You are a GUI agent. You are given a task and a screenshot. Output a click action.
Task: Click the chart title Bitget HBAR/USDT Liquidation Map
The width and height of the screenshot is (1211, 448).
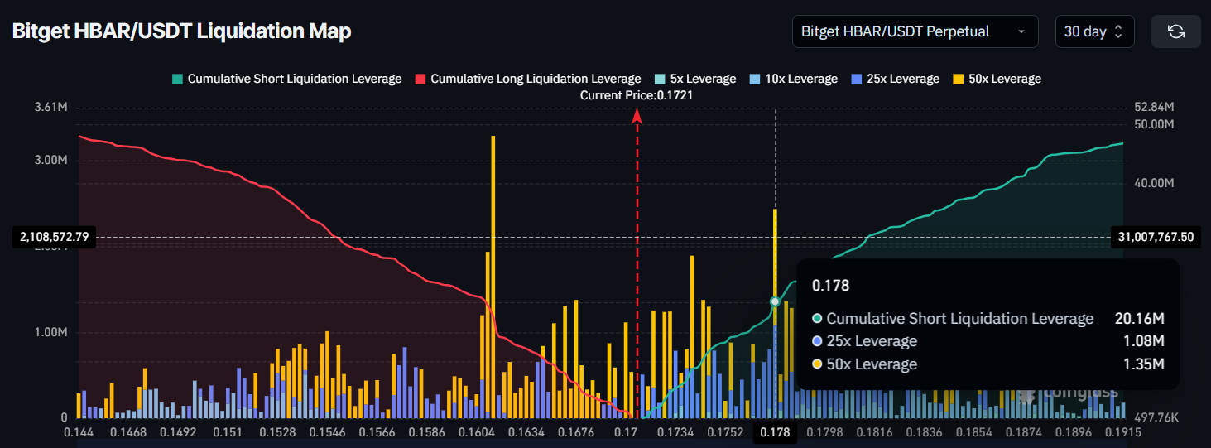tap(181, 31)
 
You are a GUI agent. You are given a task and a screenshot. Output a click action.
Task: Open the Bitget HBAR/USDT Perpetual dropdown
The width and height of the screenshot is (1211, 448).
tap(915, 31)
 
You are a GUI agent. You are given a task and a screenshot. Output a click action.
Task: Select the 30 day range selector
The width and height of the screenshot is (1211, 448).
tap(1093, 31)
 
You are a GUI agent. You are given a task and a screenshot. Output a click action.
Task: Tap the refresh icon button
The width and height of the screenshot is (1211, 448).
tap(1175, 31)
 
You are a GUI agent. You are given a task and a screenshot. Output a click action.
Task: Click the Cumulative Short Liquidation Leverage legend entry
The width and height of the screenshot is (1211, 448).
tap(286, 79)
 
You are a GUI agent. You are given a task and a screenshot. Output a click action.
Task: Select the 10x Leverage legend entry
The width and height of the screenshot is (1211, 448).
tap(794, 79)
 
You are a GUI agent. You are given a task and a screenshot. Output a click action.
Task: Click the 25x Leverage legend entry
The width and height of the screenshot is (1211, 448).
tap(896, 79)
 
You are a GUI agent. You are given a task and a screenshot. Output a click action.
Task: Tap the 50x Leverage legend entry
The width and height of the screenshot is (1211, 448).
tap(997, 79)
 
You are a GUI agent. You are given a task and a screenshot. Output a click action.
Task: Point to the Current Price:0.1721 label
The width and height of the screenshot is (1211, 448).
tap(637, 95)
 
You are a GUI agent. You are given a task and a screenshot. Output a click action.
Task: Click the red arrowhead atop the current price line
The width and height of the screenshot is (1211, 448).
tap(637, 117)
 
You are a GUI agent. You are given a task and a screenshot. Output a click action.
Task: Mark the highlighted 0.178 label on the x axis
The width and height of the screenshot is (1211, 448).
tap(775, 432)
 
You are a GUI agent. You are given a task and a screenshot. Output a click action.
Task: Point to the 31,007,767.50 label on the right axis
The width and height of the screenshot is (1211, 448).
tap(1156, 238)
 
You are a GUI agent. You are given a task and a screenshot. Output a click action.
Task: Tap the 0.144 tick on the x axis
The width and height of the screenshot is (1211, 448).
tap(79, 432)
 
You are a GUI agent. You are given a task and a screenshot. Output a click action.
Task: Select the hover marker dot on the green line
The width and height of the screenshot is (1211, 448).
tap(775, 301)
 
